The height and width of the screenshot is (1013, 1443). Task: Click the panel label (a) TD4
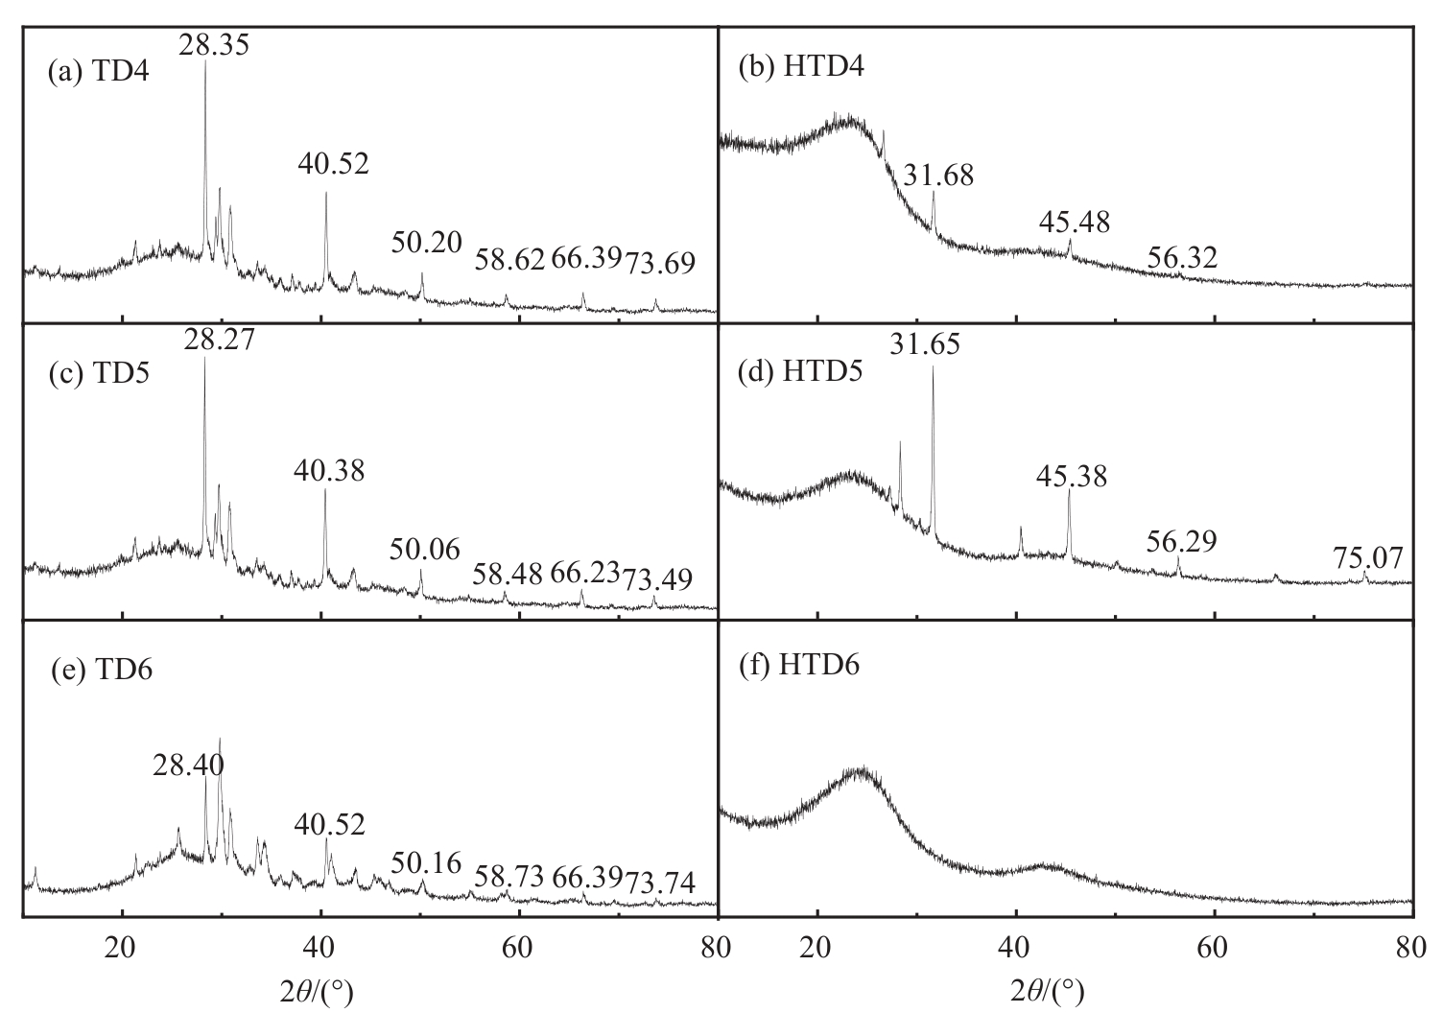pos(99,73)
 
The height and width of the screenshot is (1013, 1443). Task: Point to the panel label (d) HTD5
pos(800,371)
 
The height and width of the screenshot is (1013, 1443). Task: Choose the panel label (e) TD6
pos(101,670)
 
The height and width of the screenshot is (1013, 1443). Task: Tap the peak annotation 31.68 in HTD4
pos(938,176)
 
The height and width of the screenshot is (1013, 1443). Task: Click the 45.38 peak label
pos(1071,475)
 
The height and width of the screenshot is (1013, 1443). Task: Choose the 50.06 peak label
pos(425,550)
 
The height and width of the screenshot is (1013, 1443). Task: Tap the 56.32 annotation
pos(1182,257)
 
